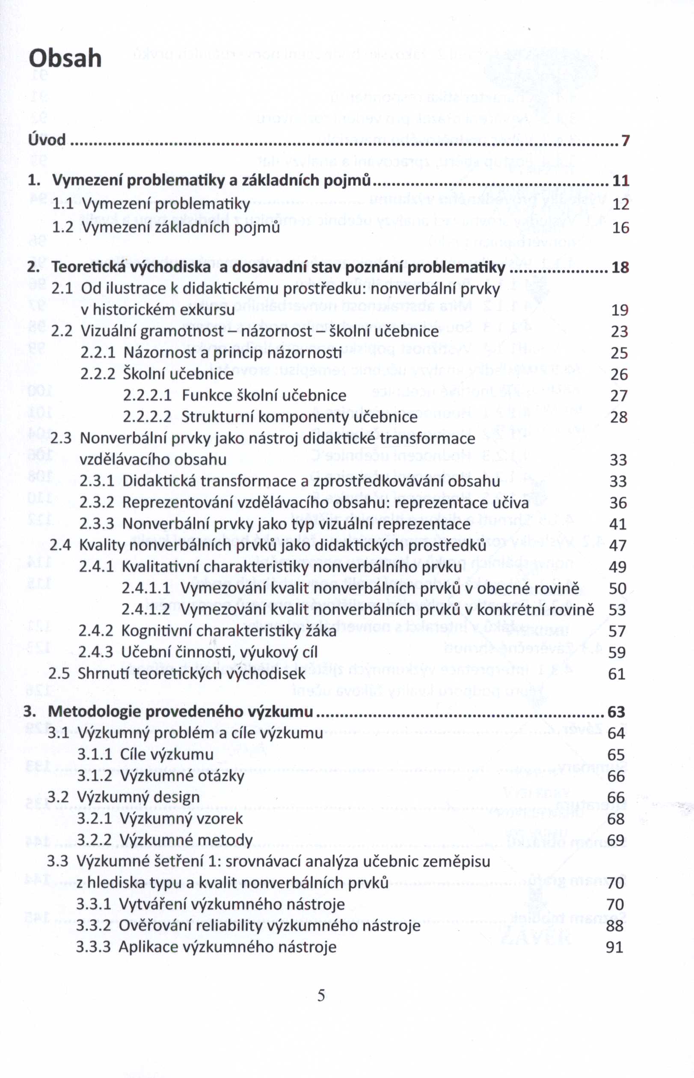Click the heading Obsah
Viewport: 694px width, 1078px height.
click(65, 59)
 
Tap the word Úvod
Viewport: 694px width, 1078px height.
click(47, 140)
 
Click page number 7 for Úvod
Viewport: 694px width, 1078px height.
click(625, 141)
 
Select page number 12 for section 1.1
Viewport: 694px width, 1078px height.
click(620, 204)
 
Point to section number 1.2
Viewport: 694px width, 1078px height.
click(62, 227)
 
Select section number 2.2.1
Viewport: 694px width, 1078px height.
click(98, 353)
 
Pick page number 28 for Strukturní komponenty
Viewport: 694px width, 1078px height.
click(619, 417)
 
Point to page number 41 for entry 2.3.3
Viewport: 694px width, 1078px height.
click(618, 524)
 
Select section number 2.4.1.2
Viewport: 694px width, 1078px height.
click(146, 610)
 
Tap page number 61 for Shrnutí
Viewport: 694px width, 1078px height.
click(617, 674)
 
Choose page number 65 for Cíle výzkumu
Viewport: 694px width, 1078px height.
click(616, 754)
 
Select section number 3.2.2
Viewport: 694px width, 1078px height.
click(94, 840)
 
